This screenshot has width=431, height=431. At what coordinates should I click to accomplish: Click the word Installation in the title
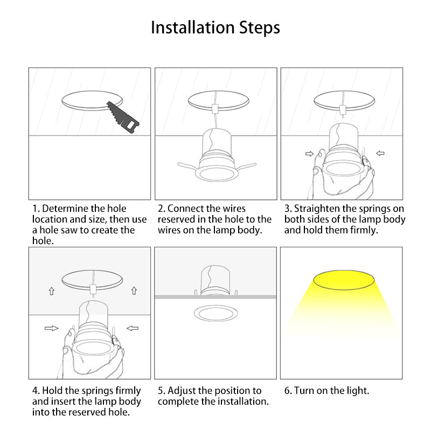tap(192, 27)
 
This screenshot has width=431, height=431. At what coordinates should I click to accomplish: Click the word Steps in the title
tap(260, 29)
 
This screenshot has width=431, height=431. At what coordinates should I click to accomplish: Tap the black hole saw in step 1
tap(123, 117)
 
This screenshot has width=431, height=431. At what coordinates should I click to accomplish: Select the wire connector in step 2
tap(215, 109)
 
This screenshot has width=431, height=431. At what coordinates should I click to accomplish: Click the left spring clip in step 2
tap(188, 166)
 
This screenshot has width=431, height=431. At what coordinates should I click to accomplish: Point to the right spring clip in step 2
tap(246, 166)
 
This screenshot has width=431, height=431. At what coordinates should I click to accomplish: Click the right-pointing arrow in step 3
tap(309, 154)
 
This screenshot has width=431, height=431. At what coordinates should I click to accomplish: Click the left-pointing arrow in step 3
tap(380, 153)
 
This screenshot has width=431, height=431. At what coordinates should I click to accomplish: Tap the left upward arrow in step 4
tap(51, 291)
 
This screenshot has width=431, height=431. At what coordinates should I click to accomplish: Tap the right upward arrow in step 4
tap(134, 290)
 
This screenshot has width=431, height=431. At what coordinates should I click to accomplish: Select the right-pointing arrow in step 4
tap(51, 328)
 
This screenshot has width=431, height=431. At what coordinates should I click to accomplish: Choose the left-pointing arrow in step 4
tap(133, 328)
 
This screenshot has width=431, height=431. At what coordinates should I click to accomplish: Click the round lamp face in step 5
tap(216, 314)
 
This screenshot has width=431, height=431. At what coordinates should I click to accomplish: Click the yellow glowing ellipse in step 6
tap(344, 280)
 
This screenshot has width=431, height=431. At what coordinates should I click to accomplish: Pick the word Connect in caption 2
tap(185, 208)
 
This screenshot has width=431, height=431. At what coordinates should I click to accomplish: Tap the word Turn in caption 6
tap(304, 391)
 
